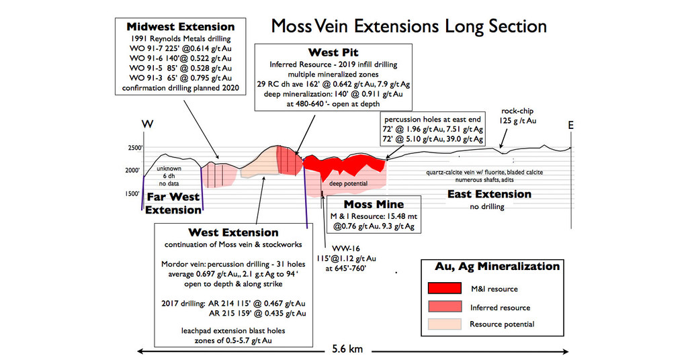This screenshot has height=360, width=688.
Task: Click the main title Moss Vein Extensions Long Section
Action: pyautogui.click(x=408, y=26)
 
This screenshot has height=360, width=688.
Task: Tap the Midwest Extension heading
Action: pyautogui.click(x=181, y=27)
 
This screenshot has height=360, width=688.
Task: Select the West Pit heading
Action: pyautogui.click(x=333, y=52)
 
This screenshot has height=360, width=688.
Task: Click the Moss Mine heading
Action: pyautogui.click(x=374, y=204)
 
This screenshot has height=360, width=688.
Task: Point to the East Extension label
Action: pyautogui.click(x=489, y=194)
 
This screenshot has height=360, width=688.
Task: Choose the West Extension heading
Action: pyautogui.click(x=234, y=232)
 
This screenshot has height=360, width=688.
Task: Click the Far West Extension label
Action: pyautogui.click(x=173, y=203)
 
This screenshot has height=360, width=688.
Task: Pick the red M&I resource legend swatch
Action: pyautogui.click(x=445, y=289)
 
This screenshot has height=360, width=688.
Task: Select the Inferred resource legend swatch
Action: pyautogui.click(x=445, y=307)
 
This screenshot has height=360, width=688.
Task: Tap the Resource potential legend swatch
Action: pyautogui.click(x=445, y=324)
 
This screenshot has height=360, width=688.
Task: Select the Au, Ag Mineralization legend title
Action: pyautogui.click(x=497, y=267)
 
